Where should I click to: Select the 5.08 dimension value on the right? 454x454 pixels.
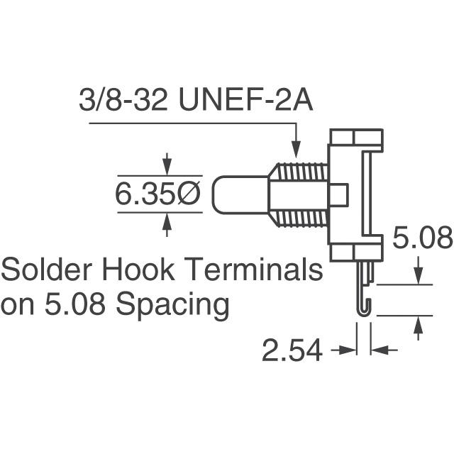click(x=422, y=240)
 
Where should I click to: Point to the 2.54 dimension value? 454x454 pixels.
click(x=292, y=350)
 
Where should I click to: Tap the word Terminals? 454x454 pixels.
click(x=259, y=270)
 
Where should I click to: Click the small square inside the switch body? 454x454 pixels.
click(x=338, y=194)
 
